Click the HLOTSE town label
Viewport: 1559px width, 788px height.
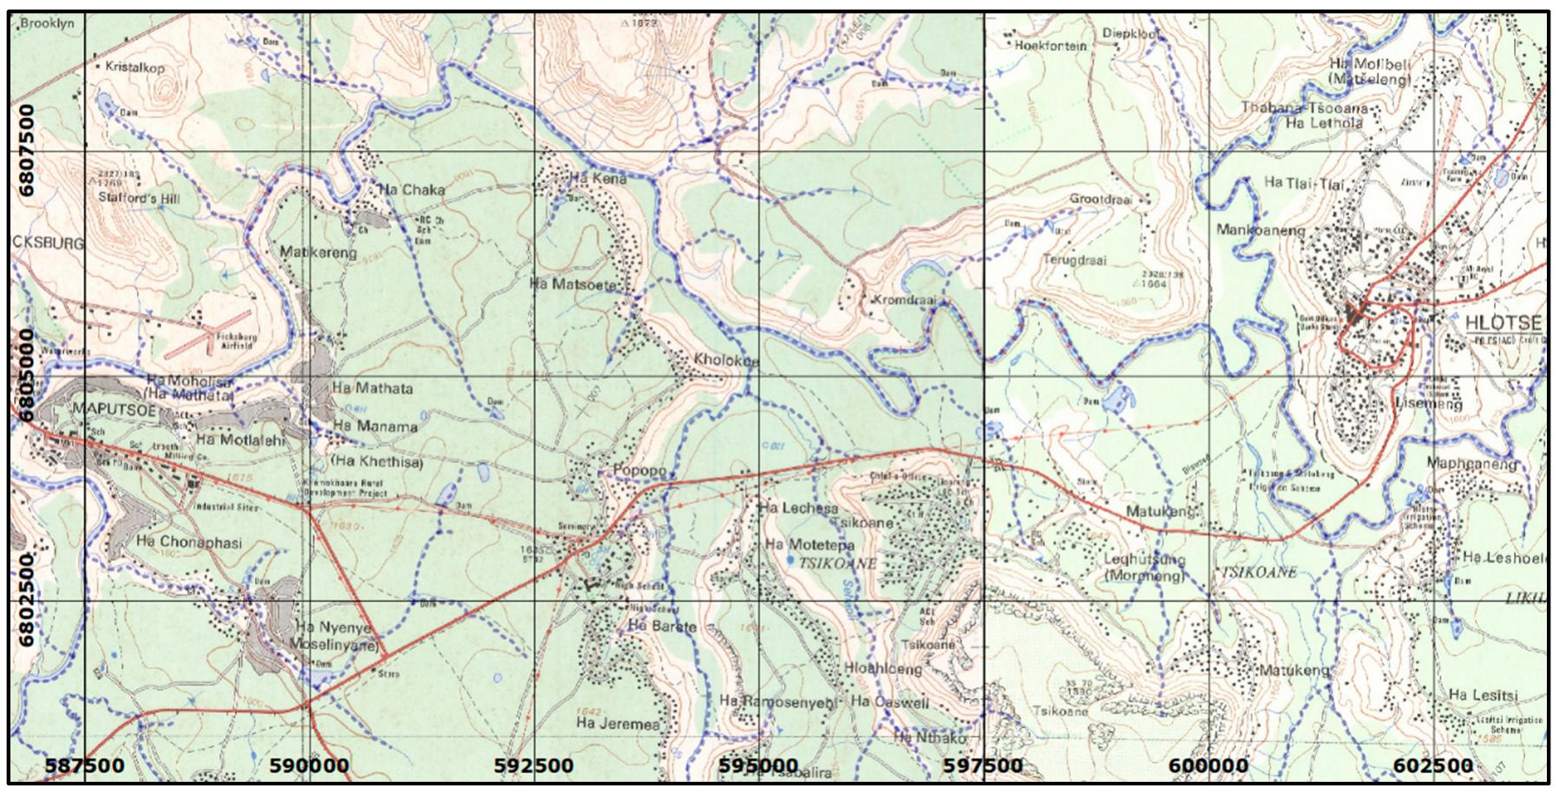pos(1503,323)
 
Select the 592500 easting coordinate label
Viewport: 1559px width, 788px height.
pos(534,765)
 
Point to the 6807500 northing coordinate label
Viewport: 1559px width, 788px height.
pos(27,150)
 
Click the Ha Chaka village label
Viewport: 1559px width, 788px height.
pos(412,190)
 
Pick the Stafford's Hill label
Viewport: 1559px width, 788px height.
pos(151,199)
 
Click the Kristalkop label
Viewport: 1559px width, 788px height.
pos(134,67)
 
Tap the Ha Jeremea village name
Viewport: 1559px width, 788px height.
pos(618,723)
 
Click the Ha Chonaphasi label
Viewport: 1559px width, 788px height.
pos(189,543)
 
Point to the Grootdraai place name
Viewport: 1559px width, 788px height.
pos(1102,199)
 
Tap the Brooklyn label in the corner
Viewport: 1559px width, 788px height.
pos(47,24)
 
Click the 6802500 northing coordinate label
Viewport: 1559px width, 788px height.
pos(27,600)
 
